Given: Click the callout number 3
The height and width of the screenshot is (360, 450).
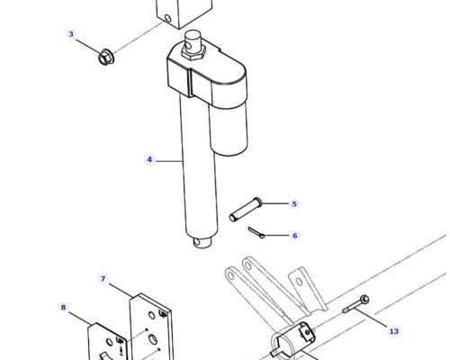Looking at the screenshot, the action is tap(71, 34).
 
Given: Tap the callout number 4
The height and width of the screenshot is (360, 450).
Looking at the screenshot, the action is tap(149, 159).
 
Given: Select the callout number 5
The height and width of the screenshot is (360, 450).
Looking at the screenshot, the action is tap(294, 204).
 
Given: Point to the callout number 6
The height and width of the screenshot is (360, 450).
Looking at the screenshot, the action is tap(295, 236).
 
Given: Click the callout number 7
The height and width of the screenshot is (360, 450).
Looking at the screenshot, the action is tap(103, 279).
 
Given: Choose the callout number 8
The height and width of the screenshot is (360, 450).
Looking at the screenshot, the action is tap(63, 308).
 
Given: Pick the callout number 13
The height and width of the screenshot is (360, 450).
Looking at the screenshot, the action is tap(394, 331).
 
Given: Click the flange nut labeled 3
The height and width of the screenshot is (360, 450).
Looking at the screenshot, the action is tap(106, 57).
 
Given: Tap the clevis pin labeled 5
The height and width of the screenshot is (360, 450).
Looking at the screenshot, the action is tap(246, 210).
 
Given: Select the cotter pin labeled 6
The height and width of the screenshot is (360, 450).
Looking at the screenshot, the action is tap(256, 233).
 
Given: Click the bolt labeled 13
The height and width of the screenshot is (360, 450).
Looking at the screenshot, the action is tap(356, 304).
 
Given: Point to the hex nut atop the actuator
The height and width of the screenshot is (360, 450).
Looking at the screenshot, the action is tap(193, 53).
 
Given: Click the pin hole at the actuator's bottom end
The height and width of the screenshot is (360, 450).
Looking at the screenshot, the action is tap(196, 241).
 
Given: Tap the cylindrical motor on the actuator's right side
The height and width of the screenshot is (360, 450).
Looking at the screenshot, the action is tap(229, 126).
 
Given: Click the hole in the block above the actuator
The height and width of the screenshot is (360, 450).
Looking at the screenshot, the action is tap(167, 19).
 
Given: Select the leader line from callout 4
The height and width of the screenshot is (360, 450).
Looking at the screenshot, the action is tap(169, 161).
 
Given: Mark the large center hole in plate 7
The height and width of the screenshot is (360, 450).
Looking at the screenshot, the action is tap(153, 339).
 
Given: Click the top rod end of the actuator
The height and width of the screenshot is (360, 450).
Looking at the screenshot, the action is tap(192, 39).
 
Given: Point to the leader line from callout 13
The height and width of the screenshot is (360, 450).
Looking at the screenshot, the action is tap(371, 319).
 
